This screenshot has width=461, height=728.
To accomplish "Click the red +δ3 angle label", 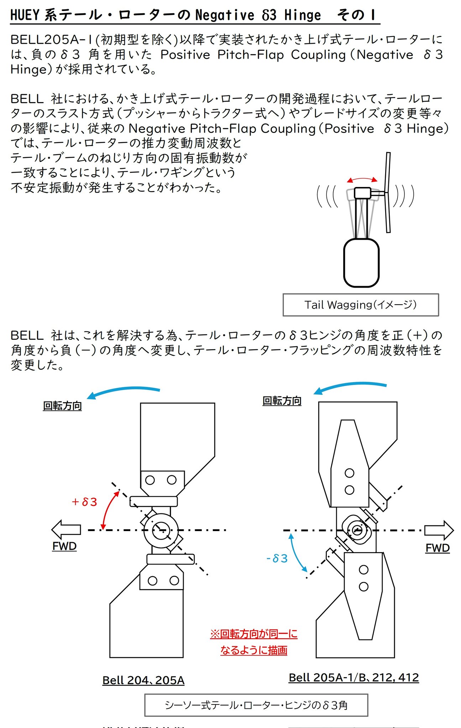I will click(84, 502).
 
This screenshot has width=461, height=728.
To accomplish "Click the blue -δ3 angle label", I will click(277, 558).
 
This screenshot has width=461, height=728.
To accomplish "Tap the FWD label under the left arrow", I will click(64, 546).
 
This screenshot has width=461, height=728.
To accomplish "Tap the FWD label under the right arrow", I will click(438, 548).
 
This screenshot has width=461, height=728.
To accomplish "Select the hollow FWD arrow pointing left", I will click(66, 529).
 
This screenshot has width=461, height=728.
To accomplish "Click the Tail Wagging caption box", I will click(361, 305).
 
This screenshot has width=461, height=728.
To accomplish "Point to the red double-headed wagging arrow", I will click(362, 180).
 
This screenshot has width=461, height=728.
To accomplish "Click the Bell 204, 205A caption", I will click(143, 680).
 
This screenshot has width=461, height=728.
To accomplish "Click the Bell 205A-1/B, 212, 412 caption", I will click(353, 677).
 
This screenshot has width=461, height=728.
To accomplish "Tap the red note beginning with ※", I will click(254, 642).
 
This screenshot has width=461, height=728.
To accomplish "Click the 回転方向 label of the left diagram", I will click(62, 406).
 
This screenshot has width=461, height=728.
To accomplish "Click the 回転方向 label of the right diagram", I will click(282, 401).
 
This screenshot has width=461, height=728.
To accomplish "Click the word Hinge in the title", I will click(303, 15).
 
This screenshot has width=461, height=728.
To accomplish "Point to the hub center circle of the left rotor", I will click(161, 530).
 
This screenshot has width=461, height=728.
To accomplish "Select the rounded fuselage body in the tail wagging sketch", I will click(361, 263).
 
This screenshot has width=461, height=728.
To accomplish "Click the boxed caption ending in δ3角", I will click(256, 705).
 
